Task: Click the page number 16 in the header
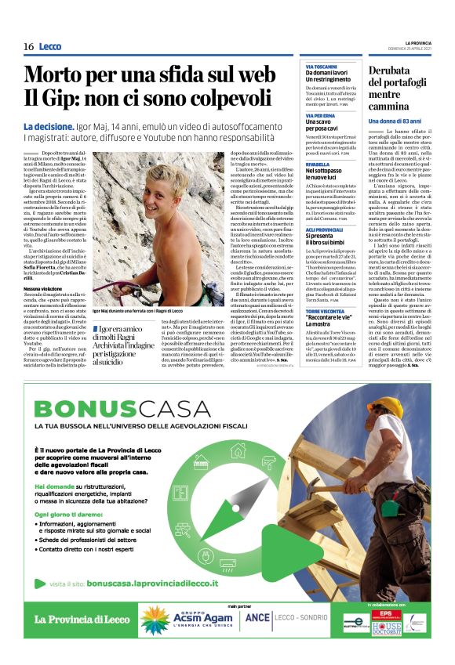coord(28,47)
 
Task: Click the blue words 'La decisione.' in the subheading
coord(49,126)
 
